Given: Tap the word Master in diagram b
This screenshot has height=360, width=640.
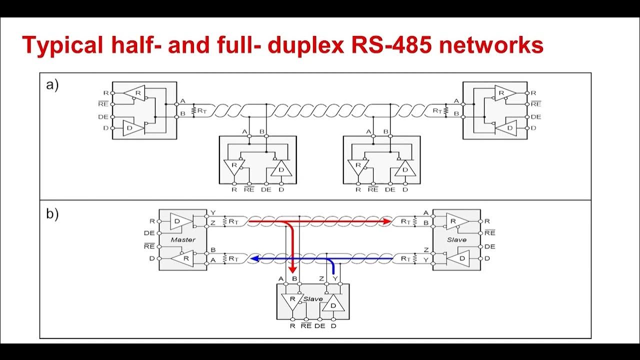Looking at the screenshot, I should [x=182, y=239].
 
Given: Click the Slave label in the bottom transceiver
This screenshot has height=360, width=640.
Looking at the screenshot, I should [x=313, y=299].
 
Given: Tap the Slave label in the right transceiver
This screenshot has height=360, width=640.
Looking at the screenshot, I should [x=456, y=239].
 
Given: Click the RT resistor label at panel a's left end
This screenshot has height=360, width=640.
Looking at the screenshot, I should [x=201, y=110].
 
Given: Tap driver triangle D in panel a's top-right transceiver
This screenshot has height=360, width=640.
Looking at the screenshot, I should [x=509, y=128].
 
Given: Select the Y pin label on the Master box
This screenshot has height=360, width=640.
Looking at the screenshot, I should [x=212, y=212].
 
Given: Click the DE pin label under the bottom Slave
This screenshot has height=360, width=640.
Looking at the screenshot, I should [x=320, y=326].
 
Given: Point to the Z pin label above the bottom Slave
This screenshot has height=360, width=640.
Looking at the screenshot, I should [x=323, y=278].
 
